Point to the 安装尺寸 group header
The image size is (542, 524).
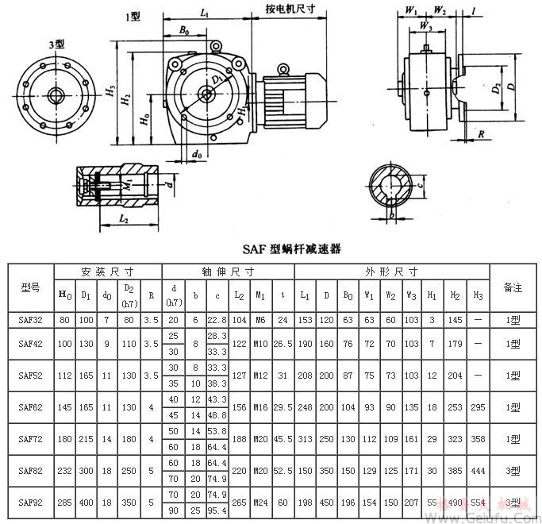(x=106, y=271)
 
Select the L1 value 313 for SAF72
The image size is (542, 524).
(x=306, y=439)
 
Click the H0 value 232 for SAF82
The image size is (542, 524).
(x=65, y=470)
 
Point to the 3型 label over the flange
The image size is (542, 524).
(x=56, y=45)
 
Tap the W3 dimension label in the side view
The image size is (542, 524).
(x=426, y=26)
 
